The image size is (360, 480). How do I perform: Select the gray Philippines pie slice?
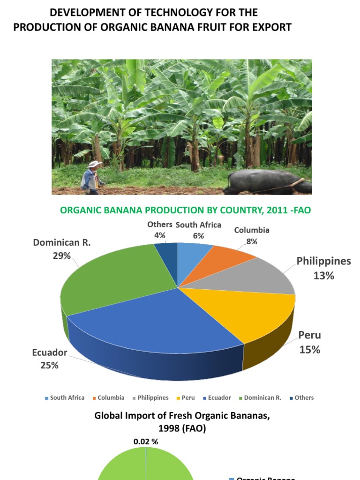click(253, 277)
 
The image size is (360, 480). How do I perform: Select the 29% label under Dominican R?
click(61, 256)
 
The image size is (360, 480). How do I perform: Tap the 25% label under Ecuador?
click(49, 365)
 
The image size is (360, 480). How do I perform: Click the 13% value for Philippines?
click(323, 276)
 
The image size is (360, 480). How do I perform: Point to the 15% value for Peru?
click(310, 349)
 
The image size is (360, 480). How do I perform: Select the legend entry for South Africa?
click(65, 398)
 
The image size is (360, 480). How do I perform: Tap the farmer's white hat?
click(94, 164)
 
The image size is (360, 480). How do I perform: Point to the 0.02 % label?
click(146, 442)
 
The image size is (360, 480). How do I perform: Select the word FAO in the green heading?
click(301, 210)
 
